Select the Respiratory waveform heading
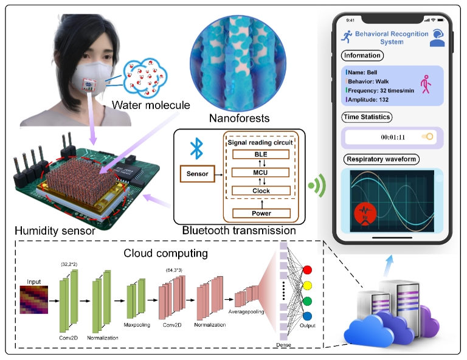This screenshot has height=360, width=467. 380,160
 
